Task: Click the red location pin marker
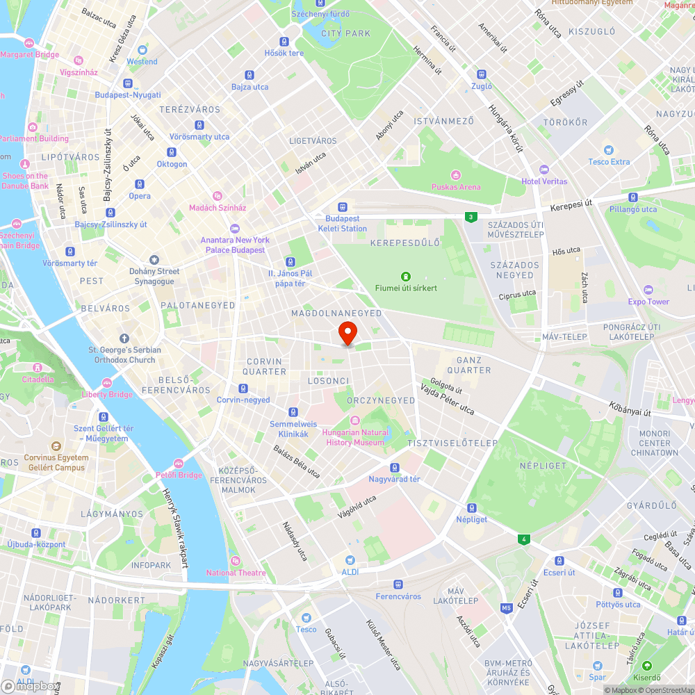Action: click(x=347, y=332)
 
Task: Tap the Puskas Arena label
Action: click(x=456, y=186)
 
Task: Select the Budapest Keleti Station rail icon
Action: click(x=343, y=206)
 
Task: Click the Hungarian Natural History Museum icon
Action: click(x=354, y=420)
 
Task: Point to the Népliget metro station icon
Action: click(x=472, y=507)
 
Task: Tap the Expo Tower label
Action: click(x=648, y=302)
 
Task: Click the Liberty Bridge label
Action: click(x=107, y=394)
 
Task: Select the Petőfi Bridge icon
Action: click(x=179, y=463)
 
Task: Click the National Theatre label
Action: click(x=236, y=573)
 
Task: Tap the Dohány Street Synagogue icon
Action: click(x=154, y=259)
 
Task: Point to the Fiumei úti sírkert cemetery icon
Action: click(x=407, y=276)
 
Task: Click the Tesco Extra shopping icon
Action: click(x=609, y=150)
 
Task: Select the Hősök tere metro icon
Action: click(x=284, y=42)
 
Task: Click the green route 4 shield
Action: click(x=523, y=539)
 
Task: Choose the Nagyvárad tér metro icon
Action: click(x=395, y=467)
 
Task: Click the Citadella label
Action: click(x=38, y=379)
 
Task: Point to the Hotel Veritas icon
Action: click(x=544, y=170)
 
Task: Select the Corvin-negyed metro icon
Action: click(x=243, y=388)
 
